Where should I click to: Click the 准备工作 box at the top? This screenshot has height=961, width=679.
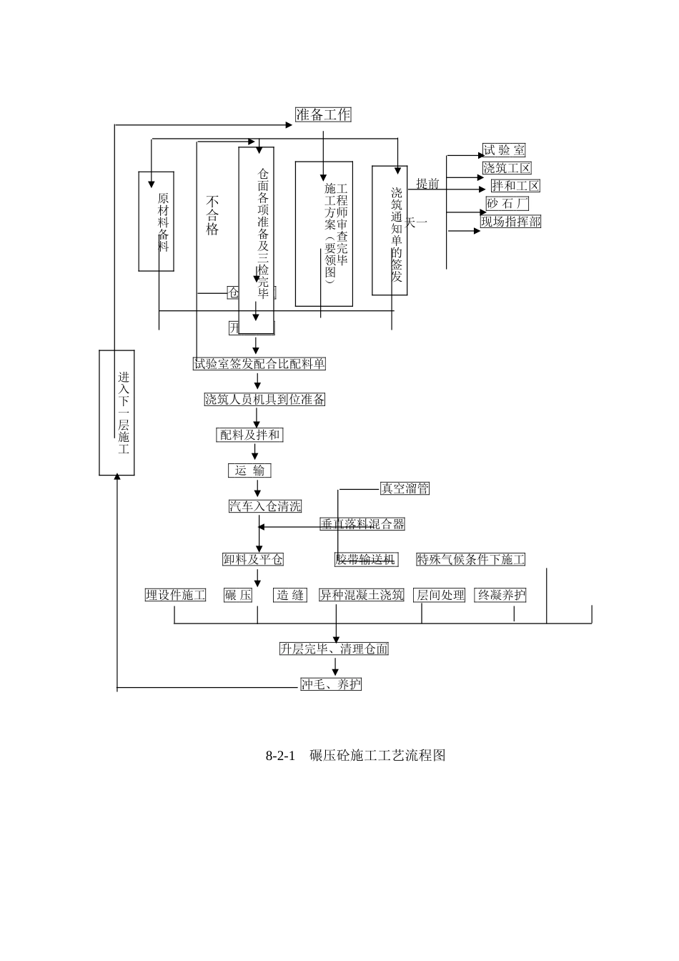323,114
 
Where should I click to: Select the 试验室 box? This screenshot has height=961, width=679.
503,150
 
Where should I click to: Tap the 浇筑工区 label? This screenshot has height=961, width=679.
507,168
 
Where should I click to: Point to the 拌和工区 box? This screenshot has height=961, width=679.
515,186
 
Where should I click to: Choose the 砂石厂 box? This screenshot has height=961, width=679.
507,204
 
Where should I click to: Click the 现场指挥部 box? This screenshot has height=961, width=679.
510,222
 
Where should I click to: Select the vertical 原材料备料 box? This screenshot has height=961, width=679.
157,222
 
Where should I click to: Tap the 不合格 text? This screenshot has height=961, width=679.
212,215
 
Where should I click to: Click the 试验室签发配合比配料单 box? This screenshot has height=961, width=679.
259,364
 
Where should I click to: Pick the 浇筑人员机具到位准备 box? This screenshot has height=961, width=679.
264,400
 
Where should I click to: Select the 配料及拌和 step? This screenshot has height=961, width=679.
249,435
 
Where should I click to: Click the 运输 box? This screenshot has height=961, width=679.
249,470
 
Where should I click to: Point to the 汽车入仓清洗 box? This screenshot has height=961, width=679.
265,506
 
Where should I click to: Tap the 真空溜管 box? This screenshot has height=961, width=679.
405,488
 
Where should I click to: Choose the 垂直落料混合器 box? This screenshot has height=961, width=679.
362,524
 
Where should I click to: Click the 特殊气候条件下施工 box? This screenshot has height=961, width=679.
470,559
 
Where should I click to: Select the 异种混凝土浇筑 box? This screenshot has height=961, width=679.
362,595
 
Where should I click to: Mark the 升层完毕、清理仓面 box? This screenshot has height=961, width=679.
334,649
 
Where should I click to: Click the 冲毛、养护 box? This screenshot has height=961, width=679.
331,684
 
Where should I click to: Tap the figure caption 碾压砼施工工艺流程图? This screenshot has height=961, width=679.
377,756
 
